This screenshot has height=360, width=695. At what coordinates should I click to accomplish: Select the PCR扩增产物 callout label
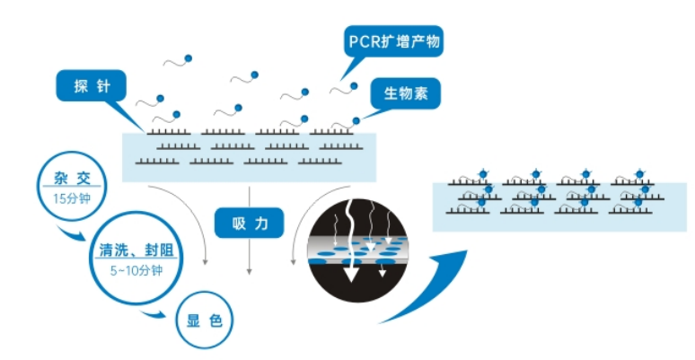pyautogui.click(x=394, y=42)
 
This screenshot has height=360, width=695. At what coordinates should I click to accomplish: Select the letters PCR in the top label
pyautogui.click(x=363, y=41)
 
